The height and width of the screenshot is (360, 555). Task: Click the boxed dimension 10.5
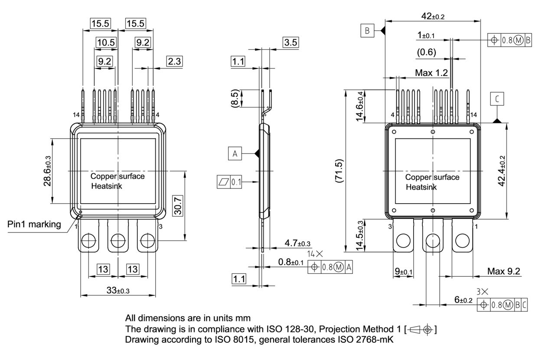pos(105,42)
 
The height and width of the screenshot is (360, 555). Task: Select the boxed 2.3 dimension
pos(174,62)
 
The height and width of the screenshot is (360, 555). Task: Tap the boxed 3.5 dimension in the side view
pos(291,42)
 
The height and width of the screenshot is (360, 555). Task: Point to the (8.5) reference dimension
pos(235,98)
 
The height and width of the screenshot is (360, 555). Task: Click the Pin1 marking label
pos(34,224)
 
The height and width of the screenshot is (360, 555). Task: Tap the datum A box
pos(235,154)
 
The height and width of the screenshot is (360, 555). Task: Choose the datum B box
pos(367,31)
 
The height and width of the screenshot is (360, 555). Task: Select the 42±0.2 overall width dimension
pos(432,16)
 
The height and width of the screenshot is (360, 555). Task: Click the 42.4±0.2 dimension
pos(502,171)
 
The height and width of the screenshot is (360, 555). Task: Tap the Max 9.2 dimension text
pos(504,271)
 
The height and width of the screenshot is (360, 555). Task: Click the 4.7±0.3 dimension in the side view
pos(298,244)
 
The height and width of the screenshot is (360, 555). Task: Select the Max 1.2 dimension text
pos(431,73)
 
